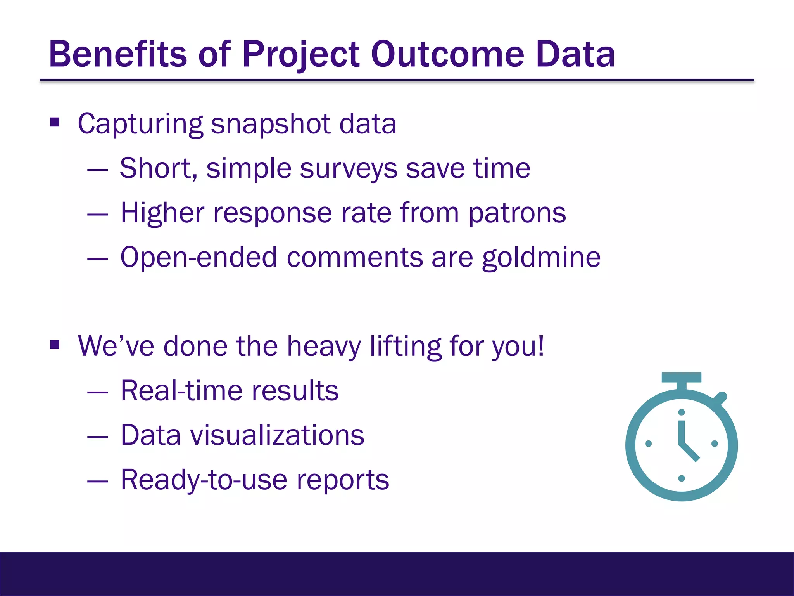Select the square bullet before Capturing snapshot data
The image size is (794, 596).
click(x=55, y=123)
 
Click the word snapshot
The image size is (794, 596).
click(x=271, y=124)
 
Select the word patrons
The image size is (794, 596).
click(x=517, y=213)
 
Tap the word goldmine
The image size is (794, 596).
click(x=541, y=258)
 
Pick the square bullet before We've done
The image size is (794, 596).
click(x=55, y=345)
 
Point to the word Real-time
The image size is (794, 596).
click(x=182, y=391)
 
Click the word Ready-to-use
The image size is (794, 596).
click(x=204, y=480)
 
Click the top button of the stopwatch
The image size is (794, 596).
click(x=681, y=378)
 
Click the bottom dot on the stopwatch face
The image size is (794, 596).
click(x=682, y=478)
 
